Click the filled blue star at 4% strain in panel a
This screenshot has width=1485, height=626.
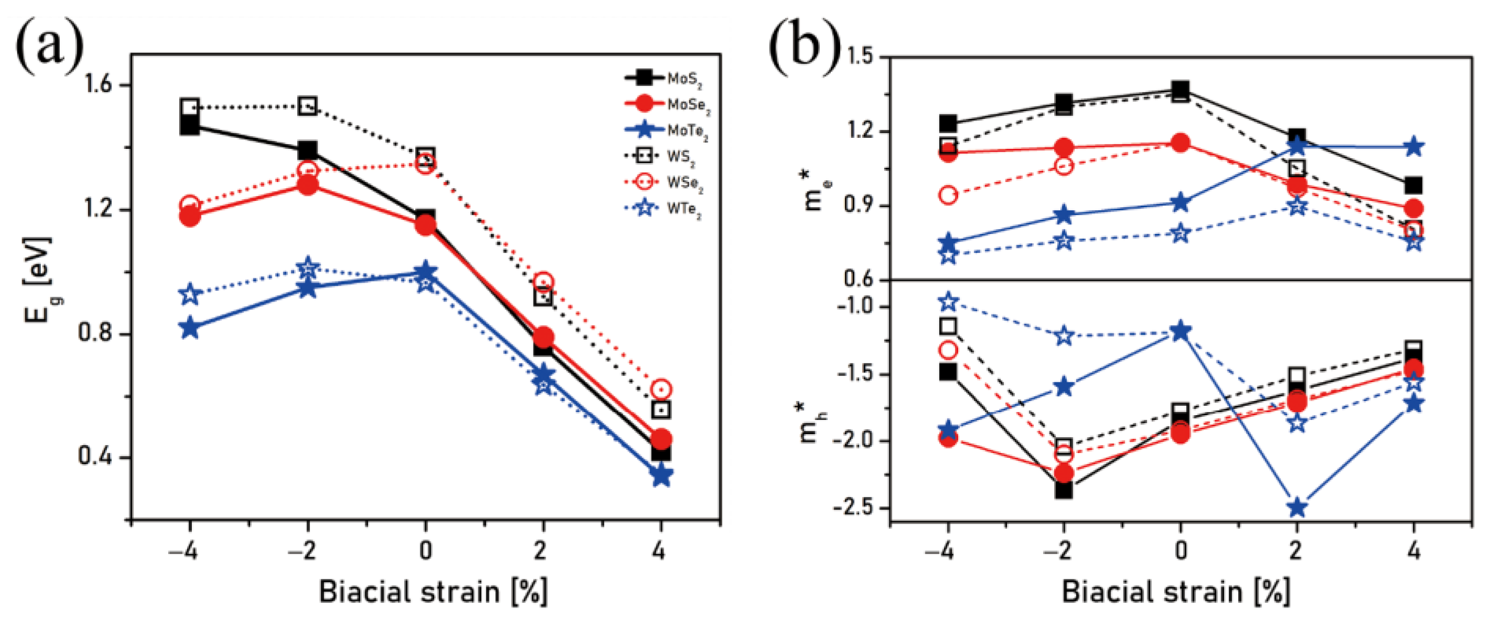(661, 476)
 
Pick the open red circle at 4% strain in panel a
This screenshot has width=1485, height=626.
(661, 390)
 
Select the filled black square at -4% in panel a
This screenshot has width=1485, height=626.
(190, 125)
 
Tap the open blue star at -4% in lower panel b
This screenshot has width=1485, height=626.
(948, 301)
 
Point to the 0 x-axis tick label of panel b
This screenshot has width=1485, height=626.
(1180, 551)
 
